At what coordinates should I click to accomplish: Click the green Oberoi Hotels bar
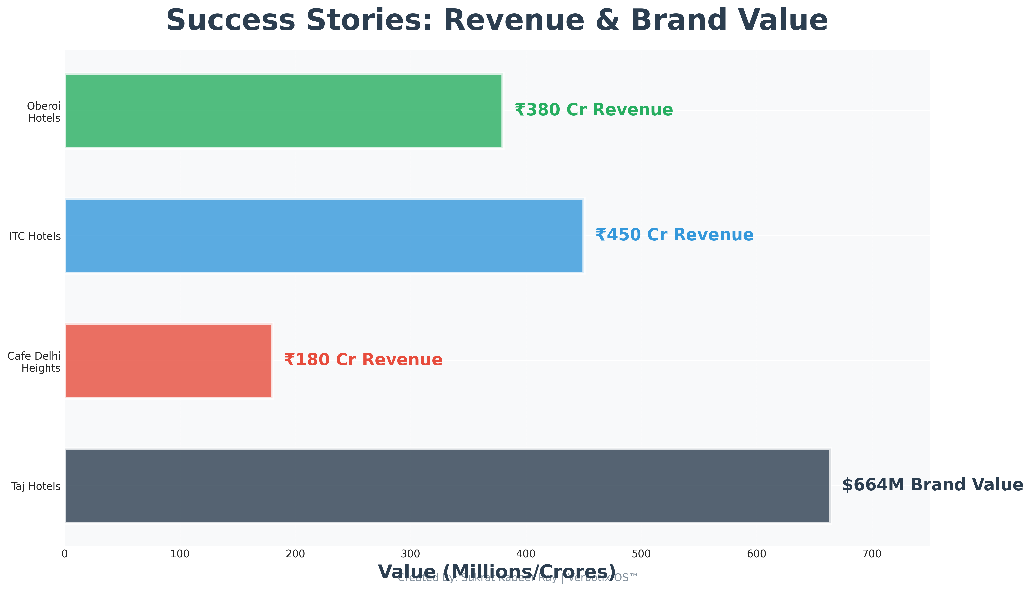tap(284, 110)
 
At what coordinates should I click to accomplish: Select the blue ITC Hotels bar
tap(324, 235)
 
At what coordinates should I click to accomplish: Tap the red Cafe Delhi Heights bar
tap(168, 361)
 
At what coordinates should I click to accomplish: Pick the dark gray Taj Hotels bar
tap(447, 486)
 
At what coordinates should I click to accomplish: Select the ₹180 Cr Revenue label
tap(363, 360)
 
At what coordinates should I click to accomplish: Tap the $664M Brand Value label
tap(932, 485)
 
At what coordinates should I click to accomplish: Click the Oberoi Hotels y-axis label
tap(44, 112)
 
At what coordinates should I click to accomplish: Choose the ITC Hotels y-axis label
tap(35, 236)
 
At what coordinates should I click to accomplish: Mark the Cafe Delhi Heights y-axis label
tap(35, 362)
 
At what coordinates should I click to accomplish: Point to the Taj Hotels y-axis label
tap(36, 486)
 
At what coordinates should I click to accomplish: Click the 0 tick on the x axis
tap(65, 554)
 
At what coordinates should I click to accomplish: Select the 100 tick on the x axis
tap(180, 554)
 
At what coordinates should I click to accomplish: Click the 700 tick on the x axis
tap(872, 554)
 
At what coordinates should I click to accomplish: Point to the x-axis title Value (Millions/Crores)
tap(497, 572)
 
